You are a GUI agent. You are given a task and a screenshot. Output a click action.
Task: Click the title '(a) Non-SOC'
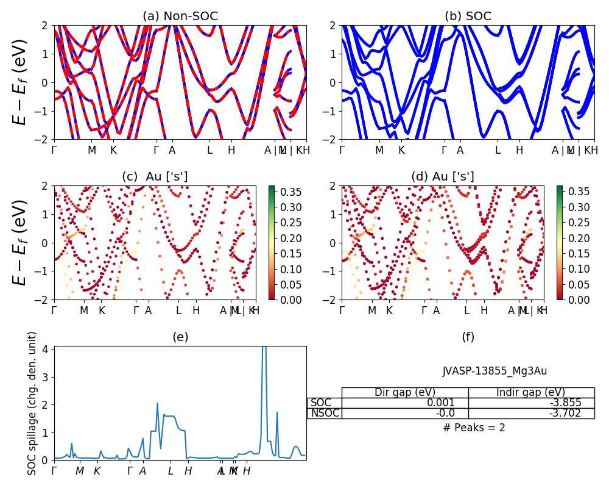[x=180, y=16]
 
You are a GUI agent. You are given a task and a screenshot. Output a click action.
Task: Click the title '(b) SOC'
[x=468, y=16]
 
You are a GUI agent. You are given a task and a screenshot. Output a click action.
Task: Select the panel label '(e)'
[x=180, y=337]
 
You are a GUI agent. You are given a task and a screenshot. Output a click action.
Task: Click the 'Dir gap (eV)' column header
[x=405, y=392]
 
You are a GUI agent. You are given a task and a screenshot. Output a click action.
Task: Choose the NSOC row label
[x=324, y=413]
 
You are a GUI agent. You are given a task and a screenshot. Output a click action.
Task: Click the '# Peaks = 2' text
[x=474, y=428]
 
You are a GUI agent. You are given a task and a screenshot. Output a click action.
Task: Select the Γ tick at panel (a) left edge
[x=54, y=150]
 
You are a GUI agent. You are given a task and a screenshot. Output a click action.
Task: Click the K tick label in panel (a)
[x=113, y=150]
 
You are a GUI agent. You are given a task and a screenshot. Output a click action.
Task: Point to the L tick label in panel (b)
[x=498, y=150]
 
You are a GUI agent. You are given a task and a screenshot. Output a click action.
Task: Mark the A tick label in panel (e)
[x=143, y=471]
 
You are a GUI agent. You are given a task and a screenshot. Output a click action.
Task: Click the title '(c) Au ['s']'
[x=155, y=177]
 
